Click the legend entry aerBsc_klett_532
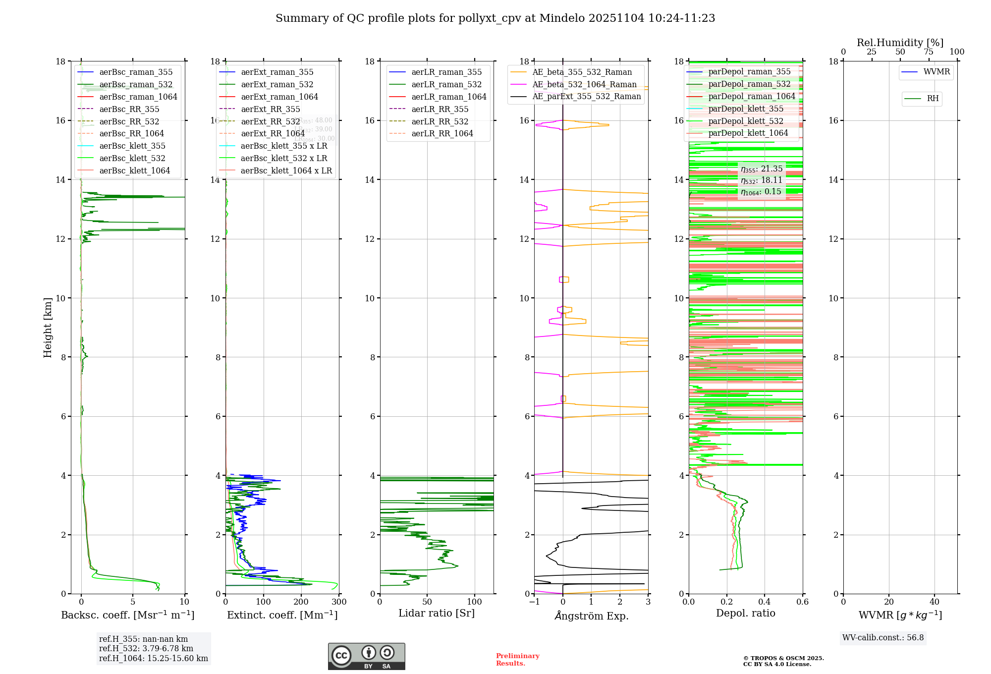[x=132, y=158]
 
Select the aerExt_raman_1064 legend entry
[x=279, y=97]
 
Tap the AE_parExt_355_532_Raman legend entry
[x=586, y=96]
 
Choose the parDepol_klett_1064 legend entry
[x=748, y=133]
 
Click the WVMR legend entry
[x=936, y=72]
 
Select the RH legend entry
[x=933, y=99]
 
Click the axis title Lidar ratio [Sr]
[x=437, y=613]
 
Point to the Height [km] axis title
[x=48, y=327]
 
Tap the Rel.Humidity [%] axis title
[x=900, y=43]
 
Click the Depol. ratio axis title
[x=745, y=613]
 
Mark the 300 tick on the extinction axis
[x=339, y=602]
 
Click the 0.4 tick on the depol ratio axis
[x=765, y=602]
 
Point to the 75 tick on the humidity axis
[x=928, y=52]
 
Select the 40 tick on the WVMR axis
[x=934, y=602]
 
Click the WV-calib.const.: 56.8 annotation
[x=883, y=637]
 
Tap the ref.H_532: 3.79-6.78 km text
[x=146, y=648]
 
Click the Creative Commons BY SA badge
[x=366, y=657]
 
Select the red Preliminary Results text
[x=517, y=660]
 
